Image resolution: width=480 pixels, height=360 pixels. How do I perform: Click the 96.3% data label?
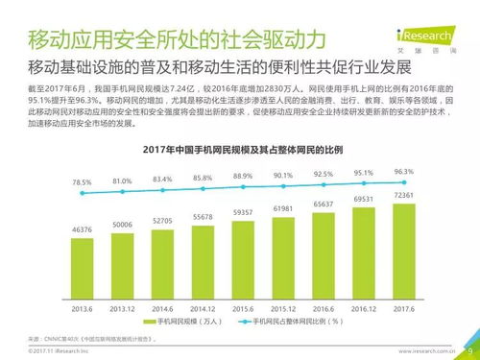tap(403, 171)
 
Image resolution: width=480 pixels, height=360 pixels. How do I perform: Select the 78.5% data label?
tap(82, 181)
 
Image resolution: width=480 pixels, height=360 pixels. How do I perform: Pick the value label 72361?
tap(403, 196)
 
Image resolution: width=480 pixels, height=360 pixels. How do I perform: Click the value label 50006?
tap(122, 223)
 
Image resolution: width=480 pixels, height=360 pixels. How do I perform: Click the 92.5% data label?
tap(324, 174)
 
